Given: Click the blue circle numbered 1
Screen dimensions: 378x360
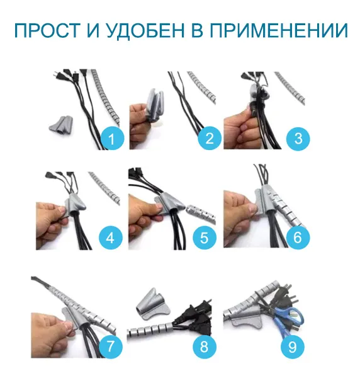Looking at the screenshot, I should (113, 137).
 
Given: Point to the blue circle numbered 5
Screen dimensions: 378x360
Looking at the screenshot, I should (205, 238).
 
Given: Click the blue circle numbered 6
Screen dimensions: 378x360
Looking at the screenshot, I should (298, 238).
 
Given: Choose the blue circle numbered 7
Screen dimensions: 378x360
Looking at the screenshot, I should (111, 345).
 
